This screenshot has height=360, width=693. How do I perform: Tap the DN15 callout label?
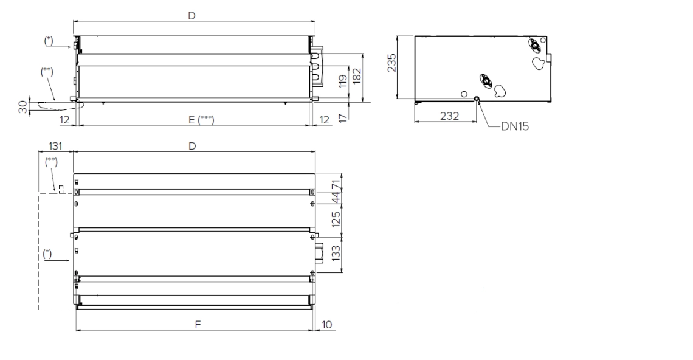pos(514,128)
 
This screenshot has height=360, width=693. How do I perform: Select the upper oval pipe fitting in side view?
pos(534,45)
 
